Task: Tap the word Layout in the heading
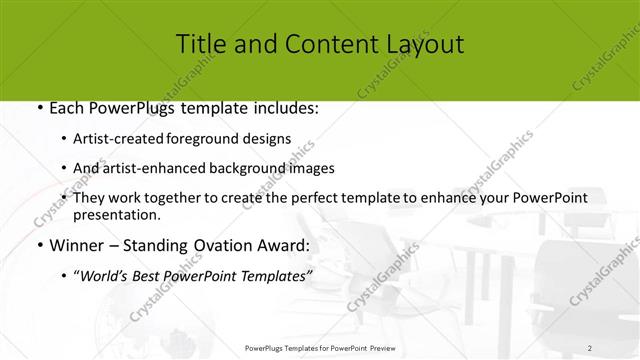[x=422, y=45]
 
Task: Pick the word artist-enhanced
[x=153, y=169]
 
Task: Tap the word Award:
[x=281, y=245]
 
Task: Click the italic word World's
[x=106, y=276]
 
